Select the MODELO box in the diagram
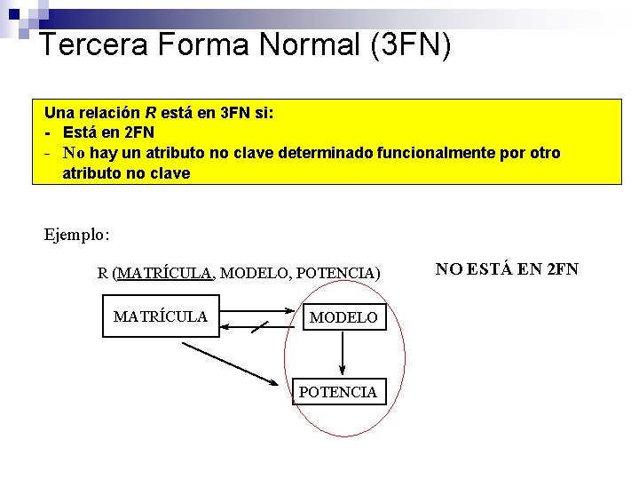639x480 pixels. pyautogui.click(x=343, y=317)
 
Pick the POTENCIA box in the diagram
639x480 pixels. pyautogui.click(x=338, y=392)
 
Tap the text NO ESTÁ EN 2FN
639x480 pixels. pyautogui.click(x=507, y=268)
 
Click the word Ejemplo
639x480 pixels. pyautogui.click(x=76, y=236)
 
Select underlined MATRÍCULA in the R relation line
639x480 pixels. pyautogui.click(x=164, y=273)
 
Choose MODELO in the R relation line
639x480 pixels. pyautogui.click(x=254, y=273)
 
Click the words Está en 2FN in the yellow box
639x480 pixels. pyautogui.click(x=108, y=133)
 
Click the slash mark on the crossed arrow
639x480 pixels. pyautogui.click(x=259, y=327)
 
